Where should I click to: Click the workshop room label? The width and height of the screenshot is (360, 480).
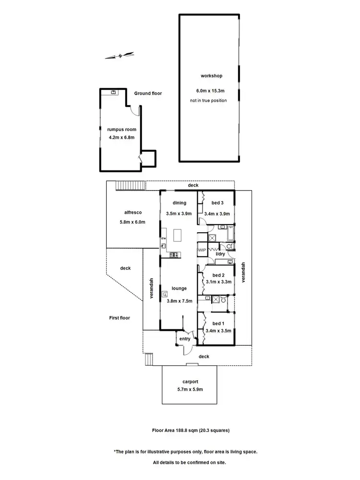211,76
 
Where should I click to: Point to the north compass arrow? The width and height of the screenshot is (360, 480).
119,56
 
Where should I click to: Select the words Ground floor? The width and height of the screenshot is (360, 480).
148,93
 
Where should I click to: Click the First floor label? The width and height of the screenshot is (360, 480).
119,318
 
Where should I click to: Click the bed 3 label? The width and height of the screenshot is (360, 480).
217,203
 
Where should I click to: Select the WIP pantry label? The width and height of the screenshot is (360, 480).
202,250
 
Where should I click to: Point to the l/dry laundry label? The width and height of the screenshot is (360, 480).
220,254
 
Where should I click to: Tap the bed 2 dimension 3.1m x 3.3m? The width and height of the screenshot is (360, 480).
217,283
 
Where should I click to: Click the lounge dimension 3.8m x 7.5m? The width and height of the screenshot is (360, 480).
179,301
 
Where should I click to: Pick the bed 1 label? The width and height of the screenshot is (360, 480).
217,323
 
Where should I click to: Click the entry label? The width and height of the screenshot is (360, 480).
185,339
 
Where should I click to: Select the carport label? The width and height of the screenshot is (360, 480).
190,382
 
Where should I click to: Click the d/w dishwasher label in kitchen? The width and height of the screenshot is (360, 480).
163,238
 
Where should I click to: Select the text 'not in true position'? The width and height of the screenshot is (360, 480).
211,100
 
